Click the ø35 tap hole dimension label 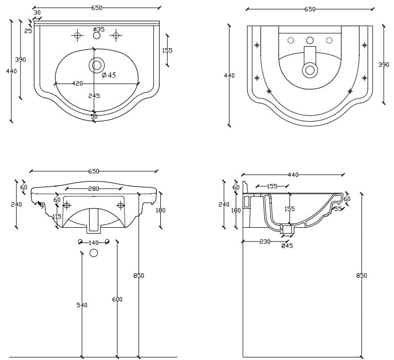(x=98, y=29)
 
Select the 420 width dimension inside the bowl (x=77, y=83)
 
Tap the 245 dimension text (x=94, y=96)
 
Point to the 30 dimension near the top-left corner (x=37, y=13)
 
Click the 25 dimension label (x=28, y=31)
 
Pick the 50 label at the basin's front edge (x=94, y=116)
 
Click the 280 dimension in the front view (x=93, y=189)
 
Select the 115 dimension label (x=56, y=216)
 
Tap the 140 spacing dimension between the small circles (x=93, y=243)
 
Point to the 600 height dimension (x=117, y=299)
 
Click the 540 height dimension (x=82, y=305)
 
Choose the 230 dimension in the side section (x=265, y=242)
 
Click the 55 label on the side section (x=338, y=209)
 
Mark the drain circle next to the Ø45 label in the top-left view (x=96, y=65)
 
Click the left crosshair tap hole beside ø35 (x=77, y=35)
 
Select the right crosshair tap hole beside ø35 (x=116, y=35)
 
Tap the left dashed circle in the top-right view (x=291, y=41)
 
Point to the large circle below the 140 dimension (x=94, y=253)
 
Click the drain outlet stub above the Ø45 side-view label (x=288, y=230)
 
